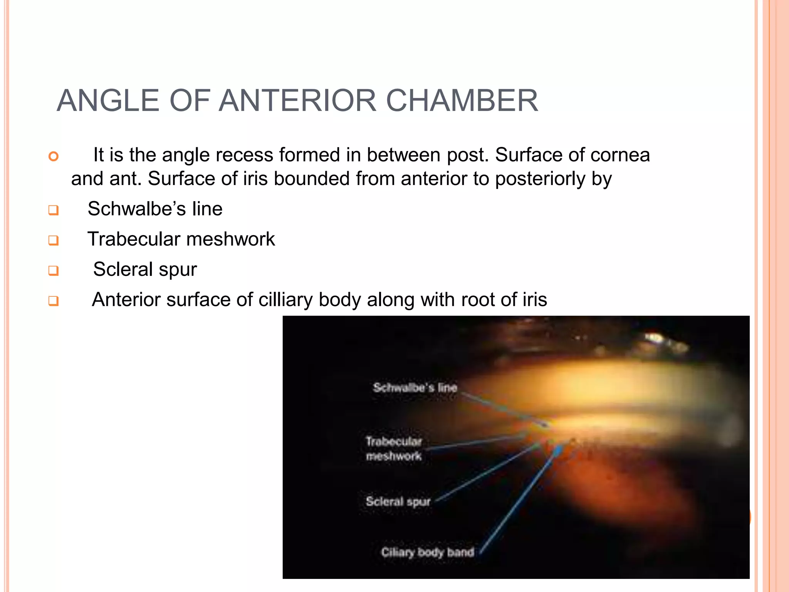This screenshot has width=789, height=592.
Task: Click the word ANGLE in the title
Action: (x=108, y=101)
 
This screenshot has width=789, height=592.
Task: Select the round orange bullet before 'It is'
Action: (x=54, y=156)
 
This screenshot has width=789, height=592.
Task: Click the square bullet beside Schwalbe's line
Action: (x=54, y=210)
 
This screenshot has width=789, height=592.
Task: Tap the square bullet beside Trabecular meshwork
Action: (x=54, y=240)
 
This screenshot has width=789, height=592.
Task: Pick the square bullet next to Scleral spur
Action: (x=54, y=271)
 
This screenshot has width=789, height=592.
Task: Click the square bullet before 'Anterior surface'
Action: (x=54, y=301)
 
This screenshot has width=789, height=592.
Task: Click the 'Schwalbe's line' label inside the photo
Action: (x=415, y=387)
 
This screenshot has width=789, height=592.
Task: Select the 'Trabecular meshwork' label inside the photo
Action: (x=394, y=449)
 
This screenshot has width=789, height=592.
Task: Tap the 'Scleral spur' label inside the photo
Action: (x=398, y=501)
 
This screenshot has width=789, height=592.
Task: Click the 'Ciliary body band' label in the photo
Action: (x=428, y=552)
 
